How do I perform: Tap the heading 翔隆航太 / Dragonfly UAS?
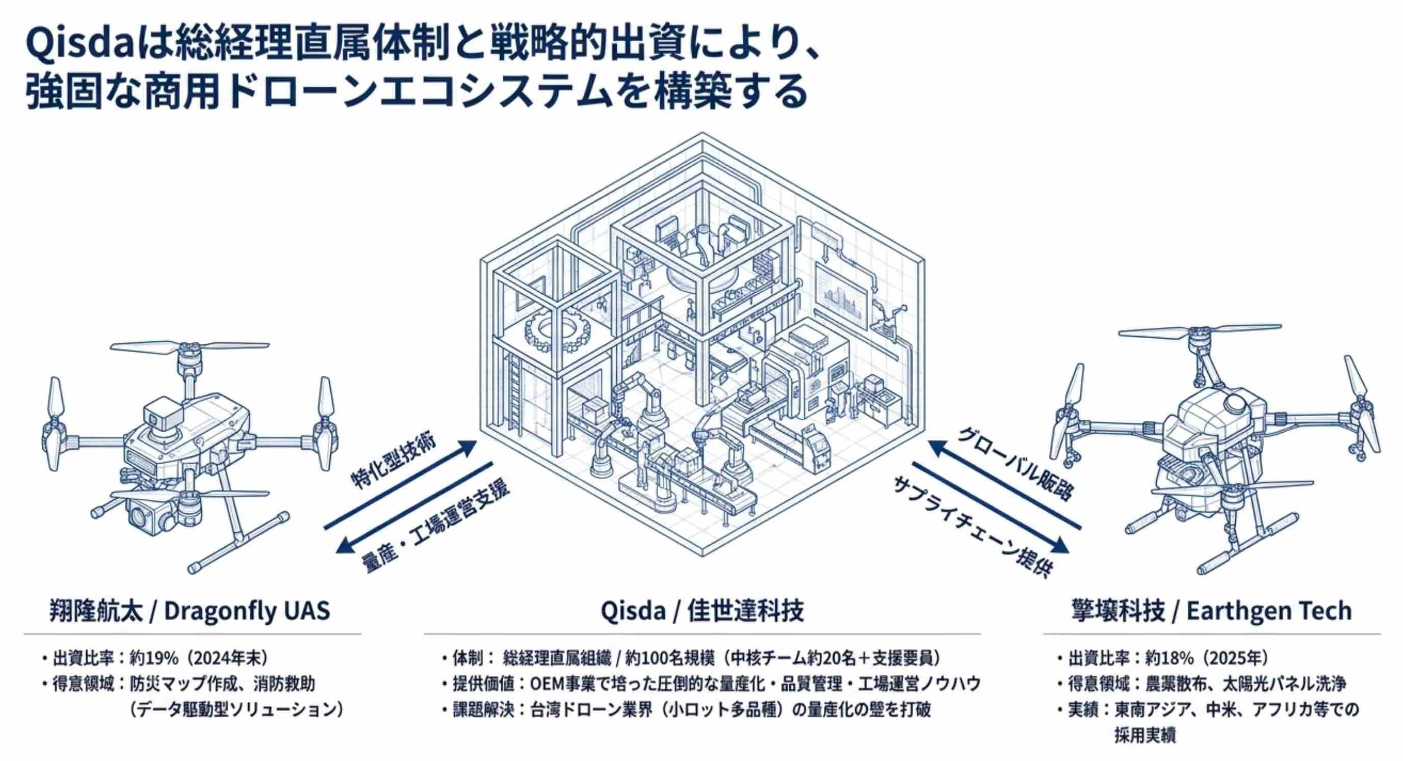point(190,611)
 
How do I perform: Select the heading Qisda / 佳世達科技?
point(702,611)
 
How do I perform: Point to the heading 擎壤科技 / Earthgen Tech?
point(1211,611)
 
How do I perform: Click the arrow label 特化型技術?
point(394,463)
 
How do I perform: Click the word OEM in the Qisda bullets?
point(549,683)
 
